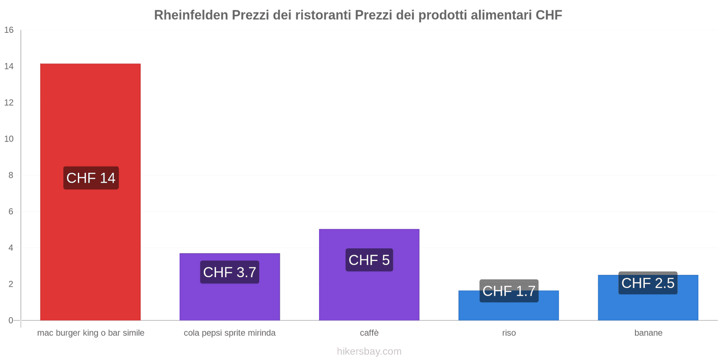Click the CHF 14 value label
(91, 178)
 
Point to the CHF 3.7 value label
(229, 272)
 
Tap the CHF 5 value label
(369, 260)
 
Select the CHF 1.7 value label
(509, 291)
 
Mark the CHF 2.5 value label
(648, 283)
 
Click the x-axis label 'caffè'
(369, 333)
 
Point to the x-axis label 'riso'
(509, 333)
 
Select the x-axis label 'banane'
(648, 333)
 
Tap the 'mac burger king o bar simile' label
(91, 333)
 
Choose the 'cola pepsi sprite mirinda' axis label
(229, 333)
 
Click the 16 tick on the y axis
(9, 30)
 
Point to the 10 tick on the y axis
(9, 139)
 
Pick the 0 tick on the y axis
(11, 320)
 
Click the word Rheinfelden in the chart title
(191, 15)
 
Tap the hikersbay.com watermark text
(369, 351)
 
